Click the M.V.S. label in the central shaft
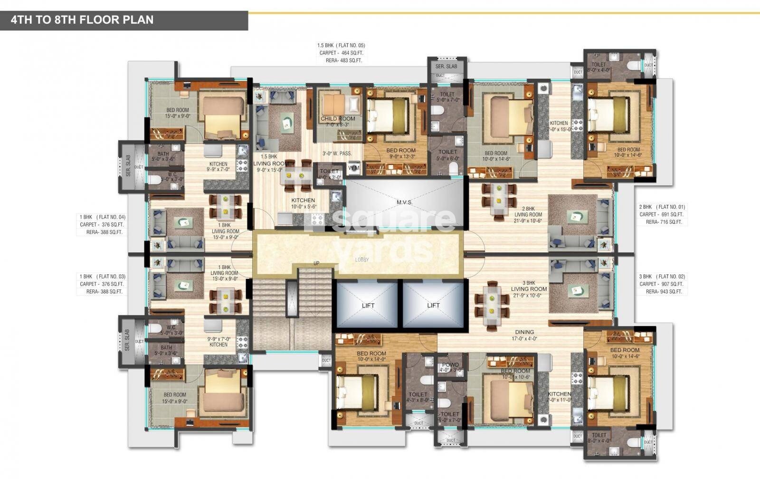[404, 202]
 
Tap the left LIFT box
[368, 305]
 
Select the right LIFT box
[433, 305]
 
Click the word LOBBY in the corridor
[362, 260]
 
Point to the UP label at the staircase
[316, 263]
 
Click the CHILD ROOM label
[338, 119]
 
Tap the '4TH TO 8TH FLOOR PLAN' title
[82, 20]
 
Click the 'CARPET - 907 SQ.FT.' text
[660, 284]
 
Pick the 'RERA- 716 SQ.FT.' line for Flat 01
[664, 222]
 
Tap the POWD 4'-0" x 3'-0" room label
[450, 367]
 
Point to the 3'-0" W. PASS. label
[337, 154]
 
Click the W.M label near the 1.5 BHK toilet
[353, 168]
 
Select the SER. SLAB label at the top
[446, 66]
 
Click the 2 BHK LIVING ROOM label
[528, 212]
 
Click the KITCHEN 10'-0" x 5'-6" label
[303, 203]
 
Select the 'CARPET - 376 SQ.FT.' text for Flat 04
[102, 225]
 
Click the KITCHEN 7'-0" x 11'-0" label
[559, 397]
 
